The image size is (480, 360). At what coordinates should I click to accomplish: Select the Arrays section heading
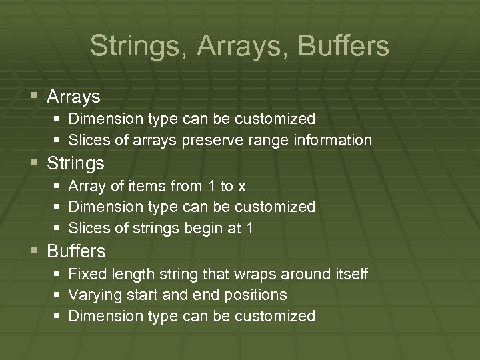[73, 97]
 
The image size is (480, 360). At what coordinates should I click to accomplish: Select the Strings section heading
[76, 163]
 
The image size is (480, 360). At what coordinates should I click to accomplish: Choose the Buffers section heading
[77, 251]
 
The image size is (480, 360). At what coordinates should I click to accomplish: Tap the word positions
[256, 295]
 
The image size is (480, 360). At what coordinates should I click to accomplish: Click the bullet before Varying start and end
[57, 295]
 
